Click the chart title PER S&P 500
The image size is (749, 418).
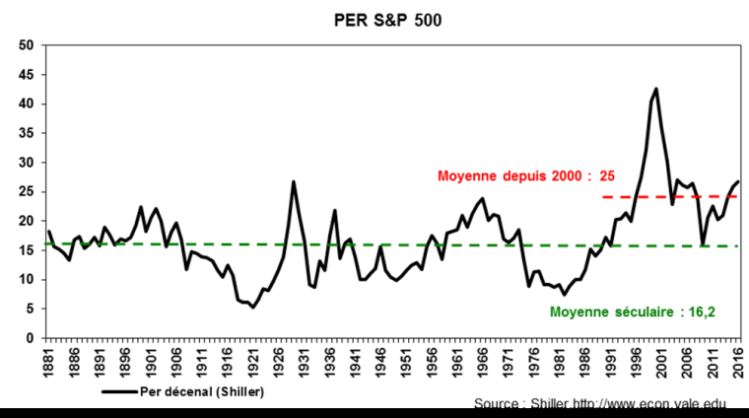(x=374, y=19)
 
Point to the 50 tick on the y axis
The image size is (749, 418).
(x=27, y=45)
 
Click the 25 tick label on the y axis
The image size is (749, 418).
(x=27, y=191)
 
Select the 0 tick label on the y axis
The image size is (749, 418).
(x=30, y=338)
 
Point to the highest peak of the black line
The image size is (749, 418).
(x=656, y=89)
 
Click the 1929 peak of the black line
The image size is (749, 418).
(x=294, y=181)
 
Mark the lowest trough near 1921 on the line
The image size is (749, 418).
(x=253, y=308)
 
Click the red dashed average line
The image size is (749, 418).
(x=670, y=196)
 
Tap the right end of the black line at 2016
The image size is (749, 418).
(x=739, y=181)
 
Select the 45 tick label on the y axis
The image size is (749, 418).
(x=27, y=75)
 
